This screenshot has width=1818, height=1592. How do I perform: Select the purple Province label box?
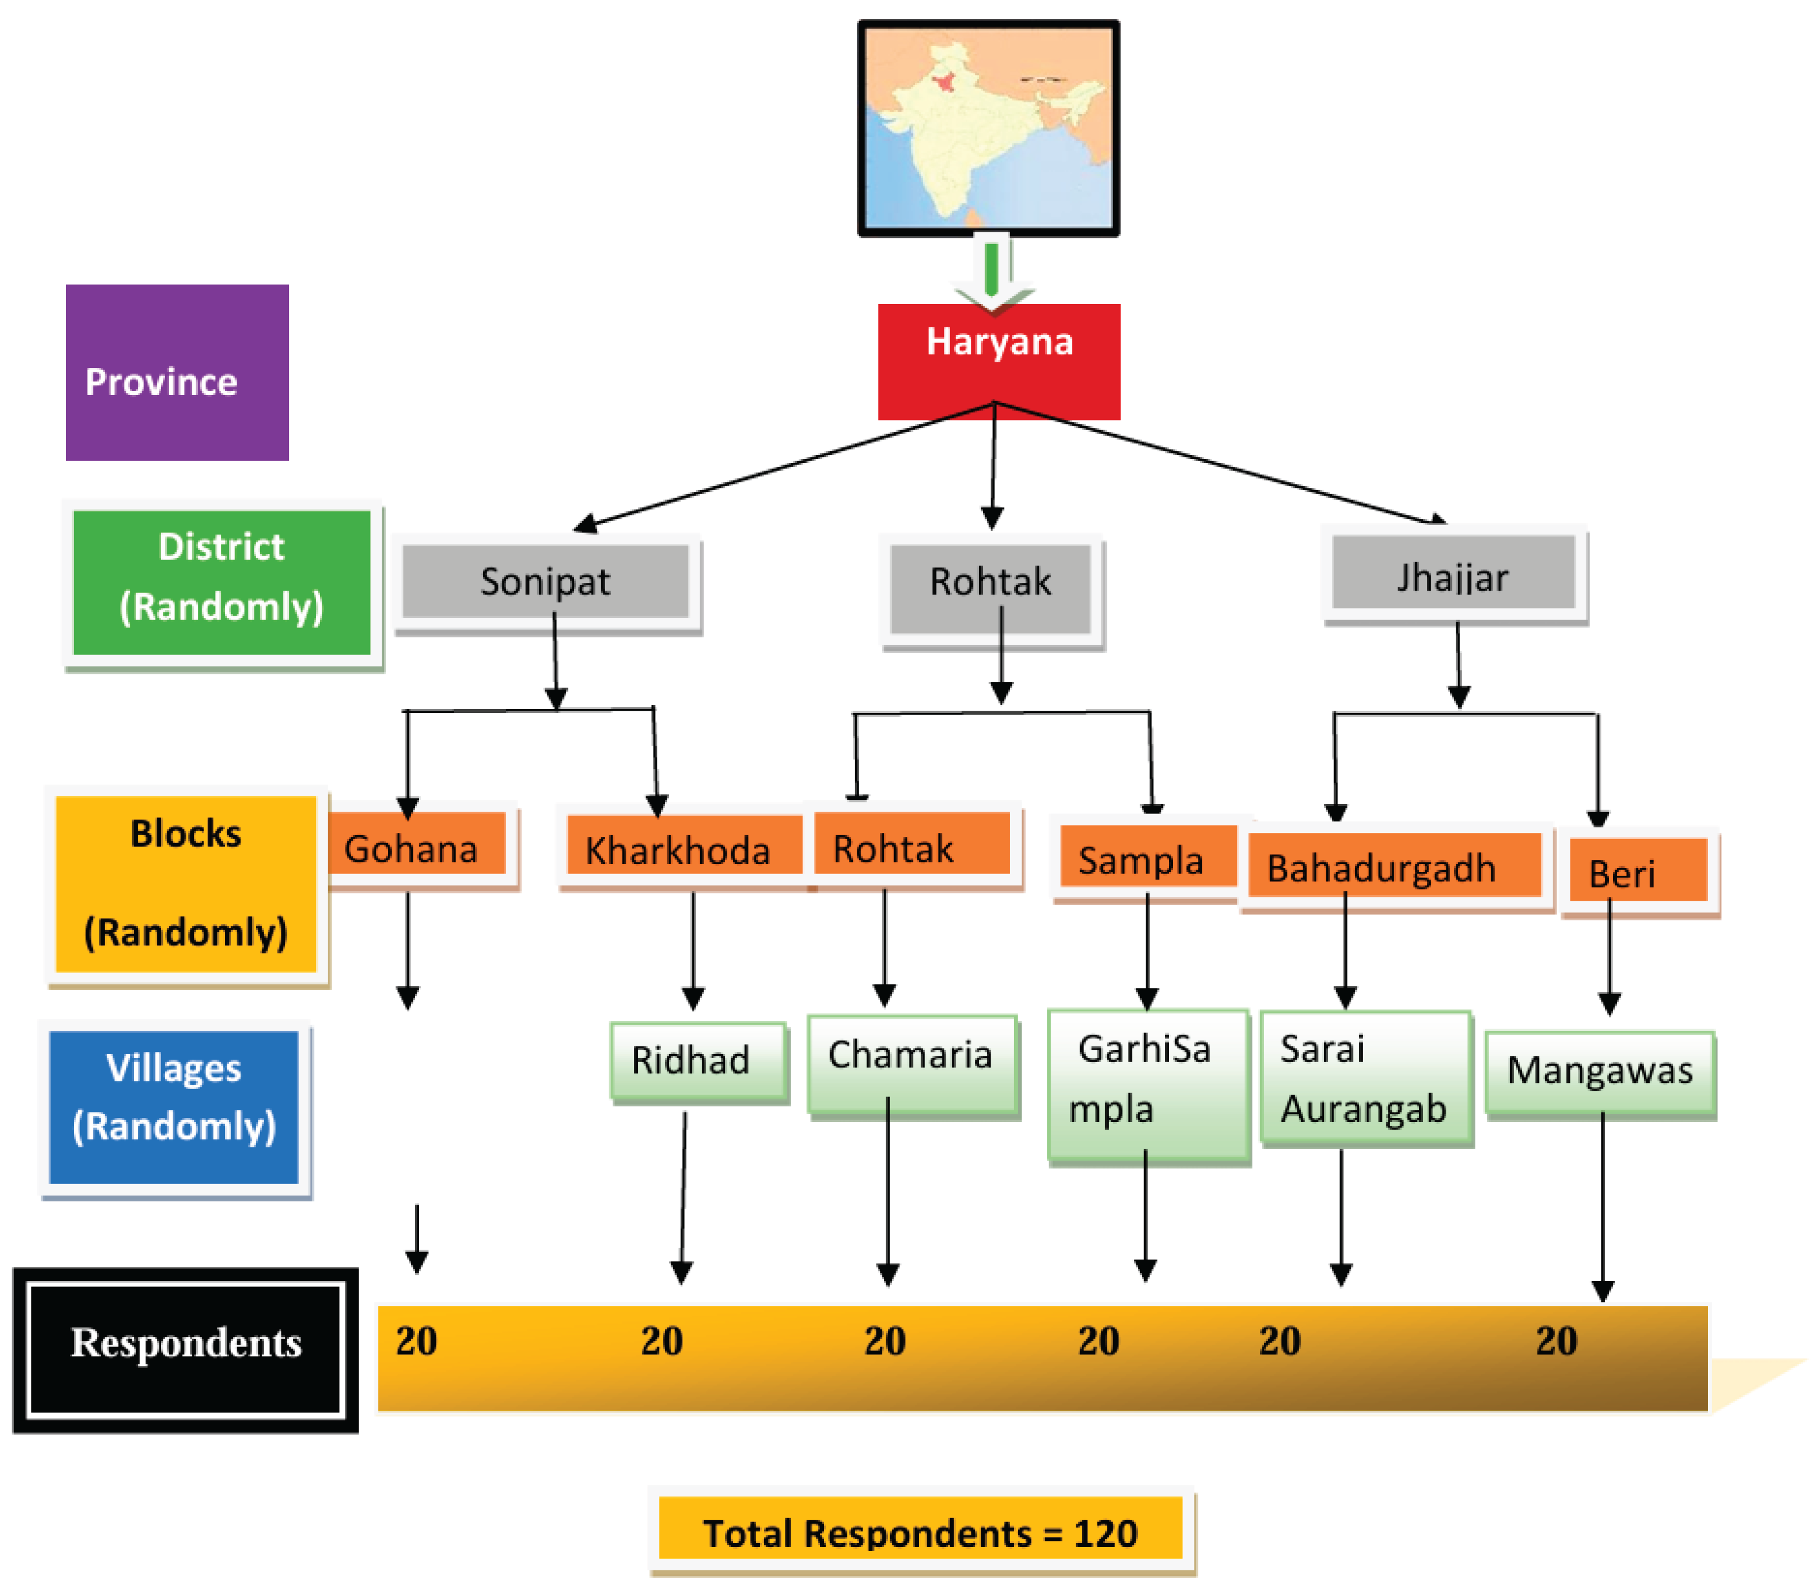177,372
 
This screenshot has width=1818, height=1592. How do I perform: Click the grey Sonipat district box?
545,582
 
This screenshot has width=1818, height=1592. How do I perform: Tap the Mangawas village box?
1600,1072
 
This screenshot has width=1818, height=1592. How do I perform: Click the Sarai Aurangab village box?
1365,1077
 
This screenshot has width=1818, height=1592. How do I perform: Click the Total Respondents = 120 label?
920,1533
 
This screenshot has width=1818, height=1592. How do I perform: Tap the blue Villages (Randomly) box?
174,1106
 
